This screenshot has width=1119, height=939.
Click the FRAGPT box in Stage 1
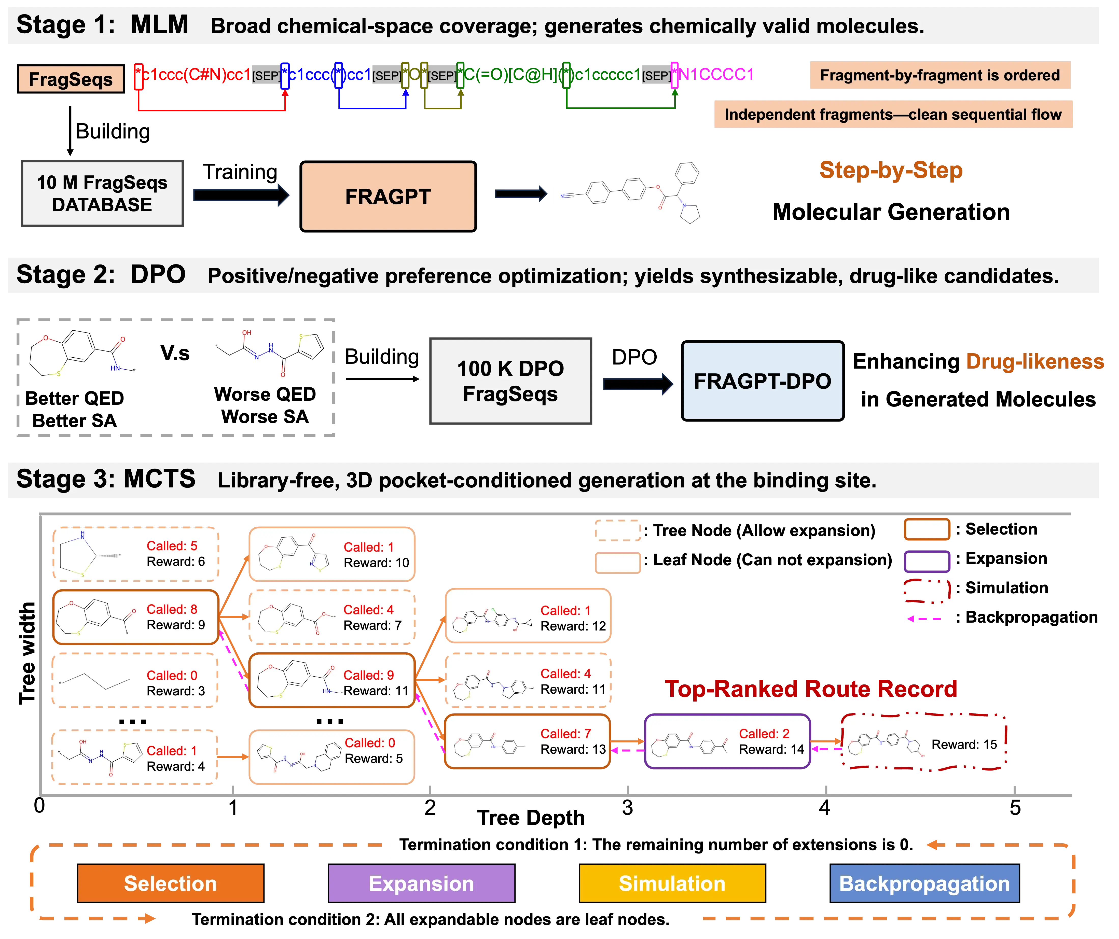[x=388, y=197]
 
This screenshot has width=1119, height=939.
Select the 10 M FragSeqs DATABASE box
[x=102, y=193]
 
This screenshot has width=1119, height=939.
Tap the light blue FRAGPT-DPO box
[x=763, y=381]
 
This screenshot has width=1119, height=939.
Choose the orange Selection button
[x=171, y=883]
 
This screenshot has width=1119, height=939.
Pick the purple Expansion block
[x=421, y=883]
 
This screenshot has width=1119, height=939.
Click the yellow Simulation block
[x=672, y=883]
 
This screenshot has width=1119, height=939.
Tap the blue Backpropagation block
[x=924, y=883]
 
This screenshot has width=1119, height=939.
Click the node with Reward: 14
[x=727, y=741]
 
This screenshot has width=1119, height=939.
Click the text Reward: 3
[x=175, y=691]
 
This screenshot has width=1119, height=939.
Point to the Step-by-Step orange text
[x=891, y=170]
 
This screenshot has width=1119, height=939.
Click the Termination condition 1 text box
[x=656, y=844]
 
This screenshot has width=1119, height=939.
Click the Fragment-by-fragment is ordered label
[x=940, y=75]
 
